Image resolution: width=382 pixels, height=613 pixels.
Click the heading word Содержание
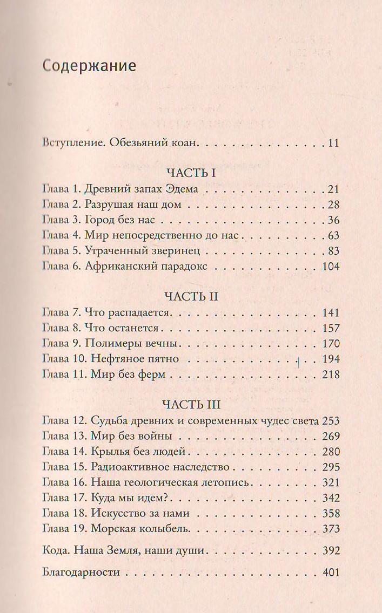coord(89,66)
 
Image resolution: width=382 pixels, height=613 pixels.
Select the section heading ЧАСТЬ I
coord(191,173)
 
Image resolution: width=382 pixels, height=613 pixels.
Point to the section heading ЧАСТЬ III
coord(191,404)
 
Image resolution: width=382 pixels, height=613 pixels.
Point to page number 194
coord(329,358)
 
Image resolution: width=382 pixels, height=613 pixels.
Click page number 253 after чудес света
coord(329,420)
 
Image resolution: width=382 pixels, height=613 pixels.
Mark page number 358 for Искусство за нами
coord(329,513)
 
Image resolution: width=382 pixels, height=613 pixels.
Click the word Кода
coord(53,551)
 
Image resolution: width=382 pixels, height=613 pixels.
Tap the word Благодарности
coord(80,573)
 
